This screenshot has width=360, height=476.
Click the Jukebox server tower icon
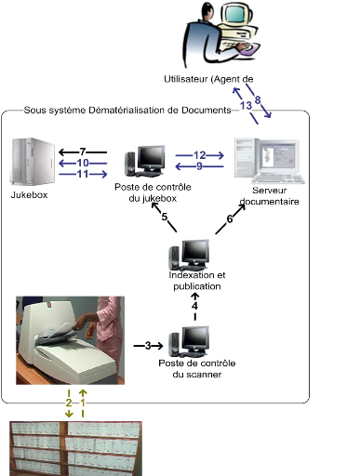pos(33,161)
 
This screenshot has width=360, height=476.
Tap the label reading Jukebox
pos(29,195)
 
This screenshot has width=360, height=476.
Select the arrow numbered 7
pos(83,152)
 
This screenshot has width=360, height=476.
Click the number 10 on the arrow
pos(83,163)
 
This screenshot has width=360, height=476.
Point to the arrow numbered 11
pos(83,174)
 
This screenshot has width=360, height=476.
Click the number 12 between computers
pos(200,155)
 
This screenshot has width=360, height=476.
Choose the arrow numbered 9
pos(199,166)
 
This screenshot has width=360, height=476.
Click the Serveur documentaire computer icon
pos(269,161)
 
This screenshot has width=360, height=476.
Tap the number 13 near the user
pos(246,106)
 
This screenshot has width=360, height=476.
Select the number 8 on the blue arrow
pos(258,100)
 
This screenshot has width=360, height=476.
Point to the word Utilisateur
pos(185,79)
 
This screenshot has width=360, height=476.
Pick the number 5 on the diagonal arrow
pos(165,217)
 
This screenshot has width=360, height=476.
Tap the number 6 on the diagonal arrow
pos(230,219)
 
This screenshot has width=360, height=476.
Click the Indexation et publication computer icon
pos(189,255)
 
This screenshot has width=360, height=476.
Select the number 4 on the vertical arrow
pos(194,306)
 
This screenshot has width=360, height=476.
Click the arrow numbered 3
pos(148,346)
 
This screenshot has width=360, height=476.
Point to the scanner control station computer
pos(189,341)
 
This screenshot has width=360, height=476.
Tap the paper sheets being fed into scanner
pos(60,330)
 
